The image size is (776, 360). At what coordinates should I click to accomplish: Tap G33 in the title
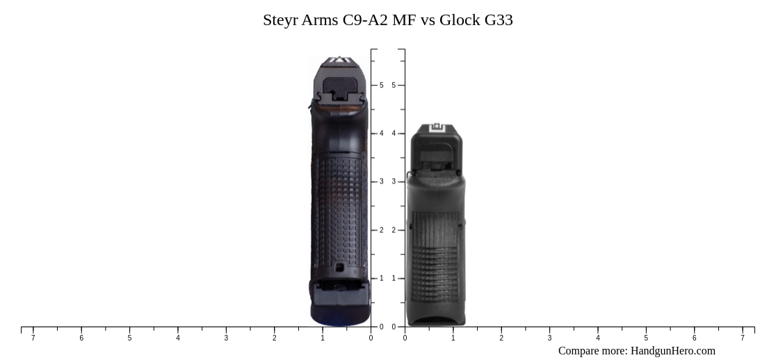499,20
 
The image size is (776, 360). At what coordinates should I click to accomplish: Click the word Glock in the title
459,20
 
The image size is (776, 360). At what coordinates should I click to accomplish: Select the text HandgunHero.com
672,351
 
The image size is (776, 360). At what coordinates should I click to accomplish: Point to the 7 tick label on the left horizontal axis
33,338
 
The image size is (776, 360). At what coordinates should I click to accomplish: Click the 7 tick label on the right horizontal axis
742,338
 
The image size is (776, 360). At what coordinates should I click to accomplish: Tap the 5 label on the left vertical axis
381,85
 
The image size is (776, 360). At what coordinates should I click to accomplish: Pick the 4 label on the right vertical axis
394,133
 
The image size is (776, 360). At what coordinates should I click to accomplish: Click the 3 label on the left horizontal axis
226,338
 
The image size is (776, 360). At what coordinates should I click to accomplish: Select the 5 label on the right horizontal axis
646,338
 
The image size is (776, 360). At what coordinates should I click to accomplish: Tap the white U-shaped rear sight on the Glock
437,128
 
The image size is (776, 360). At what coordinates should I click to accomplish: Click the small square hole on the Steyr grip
339,267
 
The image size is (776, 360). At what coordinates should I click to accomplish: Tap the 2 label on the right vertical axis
394,230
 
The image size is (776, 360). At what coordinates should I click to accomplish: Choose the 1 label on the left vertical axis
381,278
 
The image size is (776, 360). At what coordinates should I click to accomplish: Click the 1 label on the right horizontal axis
453,338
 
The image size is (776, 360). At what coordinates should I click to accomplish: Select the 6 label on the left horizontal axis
81,338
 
